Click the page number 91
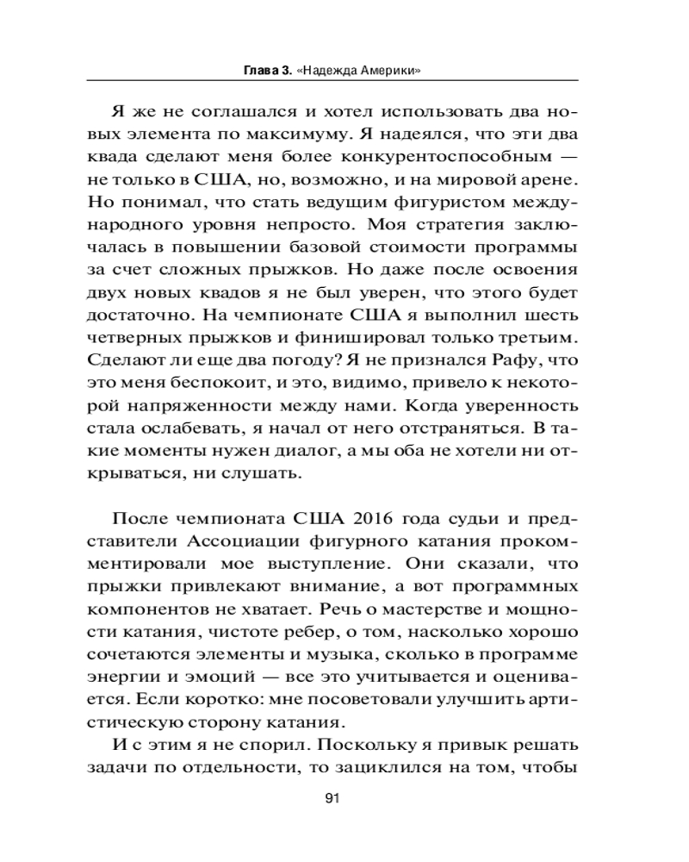[x=335, y=797]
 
